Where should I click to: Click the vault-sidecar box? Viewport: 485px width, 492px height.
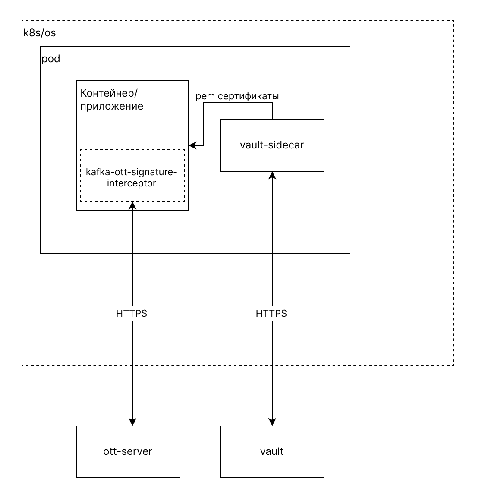pyautogui.click(x=272, y=145)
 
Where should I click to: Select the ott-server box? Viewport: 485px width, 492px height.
pyautogui.click(x=128, y=451)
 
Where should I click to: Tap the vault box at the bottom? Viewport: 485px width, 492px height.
pyautogui.click(x=272, y=451)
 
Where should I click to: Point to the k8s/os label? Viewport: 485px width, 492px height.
pyautogui.click(x=40, y=33)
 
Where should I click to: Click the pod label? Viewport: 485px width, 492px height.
pyautogui.click(x=51, y=59)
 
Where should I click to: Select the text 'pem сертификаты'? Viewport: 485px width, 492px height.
pyautogui.click(x=237, y=96)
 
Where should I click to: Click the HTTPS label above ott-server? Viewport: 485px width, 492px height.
pyautogui.click(x=132, y=313)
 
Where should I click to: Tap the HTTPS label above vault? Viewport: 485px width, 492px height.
pyautogui.click(x=271, y=313)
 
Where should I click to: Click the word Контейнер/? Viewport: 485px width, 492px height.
pyautogui.click(x=109, y=93)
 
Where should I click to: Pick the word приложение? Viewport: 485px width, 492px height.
pyautogui.click(x=112, y=106)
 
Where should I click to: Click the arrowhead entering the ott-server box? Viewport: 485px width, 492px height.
pyautogui.click(x=132, y=422)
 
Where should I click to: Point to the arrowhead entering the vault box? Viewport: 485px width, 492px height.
pyautogui.click(x=272, y=422)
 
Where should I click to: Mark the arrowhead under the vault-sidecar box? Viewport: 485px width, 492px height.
pyautogui.click(x=272, y=175)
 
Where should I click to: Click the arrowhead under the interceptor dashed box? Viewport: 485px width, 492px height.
pyautogui.click(x=132, y=205)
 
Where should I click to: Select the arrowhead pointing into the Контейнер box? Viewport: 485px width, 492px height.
pyautogui.click(x=192, y=145)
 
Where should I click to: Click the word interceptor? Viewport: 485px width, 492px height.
pyautogui.click(x=132, y=183)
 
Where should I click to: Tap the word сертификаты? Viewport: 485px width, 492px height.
pyautogui.click(x=249, y=96)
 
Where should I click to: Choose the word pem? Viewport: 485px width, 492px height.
pyautogui.click(x=205, y=97)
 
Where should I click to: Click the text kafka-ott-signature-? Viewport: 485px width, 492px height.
pyautogui.click(x=132, y=172)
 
